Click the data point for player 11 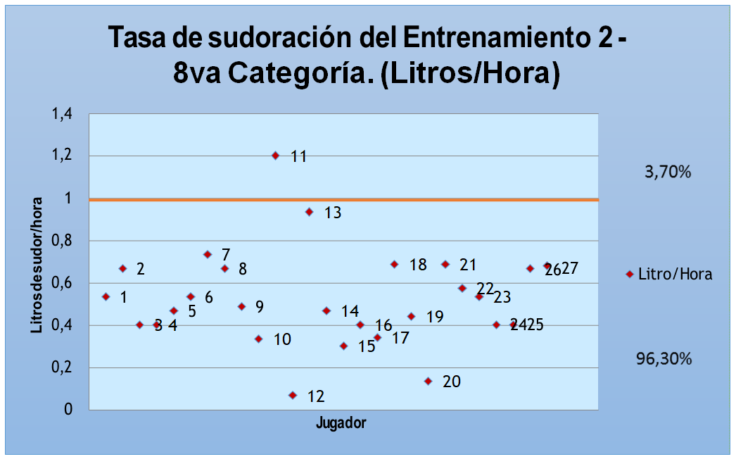click(275, 156)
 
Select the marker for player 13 click(309, 212)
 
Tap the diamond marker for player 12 click(293, 396)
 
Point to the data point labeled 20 click(428, 381)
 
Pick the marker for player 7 click(208, 254)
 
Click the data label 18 click(418, 265)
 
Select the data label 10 click(282, 340)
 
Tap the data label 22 click(485, 289)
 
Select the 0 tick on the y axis click(68, 410)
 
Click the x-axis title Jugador click(341, 424)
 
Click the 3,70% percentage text click(668, 171)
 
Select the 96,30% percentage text click(664, 359)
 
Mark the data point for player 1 click(106, 297)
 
